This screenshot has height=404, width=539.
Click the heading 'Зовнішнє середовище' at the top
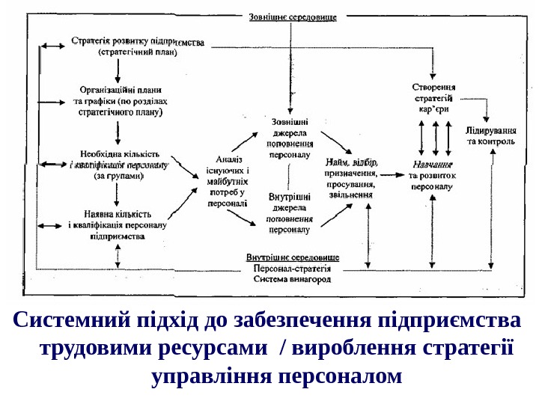pos(292,16)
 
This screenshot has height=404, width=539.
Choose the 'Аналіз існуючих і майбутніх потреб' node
pos(228,180)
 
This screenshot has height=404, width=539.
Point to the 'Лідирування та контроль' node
pos(490,135)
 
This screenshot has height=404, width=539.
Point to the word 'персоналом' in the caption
pos(339,374)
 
